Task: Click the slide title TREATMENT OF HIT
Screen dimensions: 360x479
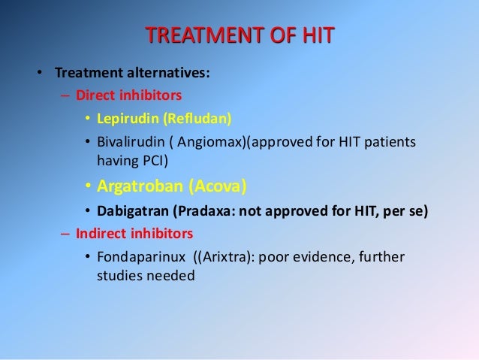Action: click(239, 36)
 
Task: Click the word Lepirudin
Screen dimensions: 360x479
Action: click(125, 119)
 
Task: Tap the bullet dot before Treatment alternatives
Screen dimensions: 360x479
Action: click(35, 74)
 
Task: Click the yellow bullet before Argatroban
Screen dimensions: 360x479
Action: click(87, 186)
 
